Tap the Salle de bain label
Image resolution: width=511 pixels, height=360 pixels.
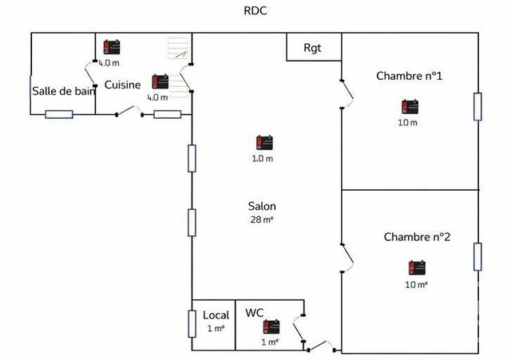(64, 91)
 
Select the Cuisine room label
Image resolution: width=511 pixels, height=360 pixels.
(122, 85)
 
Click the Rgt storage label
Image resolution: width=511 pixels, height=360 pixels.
(312, 47)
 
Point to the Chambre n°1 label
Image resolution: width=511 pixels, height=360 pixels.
(409, 76)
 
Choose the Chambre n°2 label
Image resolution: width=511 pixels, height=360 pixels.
(417, 237)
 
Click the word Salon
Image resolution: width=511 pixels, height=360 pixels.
(262, 206)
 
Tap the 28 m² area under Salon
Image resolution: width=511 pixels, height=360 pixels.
(262, 219)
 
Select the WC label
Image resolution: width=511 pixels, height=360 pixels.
(255, 312)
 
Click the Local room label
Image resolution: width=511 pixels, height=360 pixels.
(216, 315)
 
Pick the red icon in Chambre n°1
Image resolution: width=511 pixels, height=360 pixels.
(410, 107)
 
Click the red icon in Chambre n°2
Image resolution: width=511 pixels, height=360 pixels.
(416, 268)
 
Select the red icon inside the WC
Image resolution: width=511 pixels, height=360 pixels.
(271, 326)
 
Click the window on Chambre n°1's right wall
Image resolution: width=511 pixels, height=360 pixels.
(477, 106)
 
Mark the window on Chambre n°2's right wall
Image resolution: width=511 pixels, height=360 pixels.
(477, 256)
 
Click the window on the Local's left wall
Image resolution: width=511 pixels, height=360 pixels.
(192, 323)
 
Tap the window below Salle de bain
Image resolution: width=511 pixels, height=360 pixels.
(59, 114)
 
